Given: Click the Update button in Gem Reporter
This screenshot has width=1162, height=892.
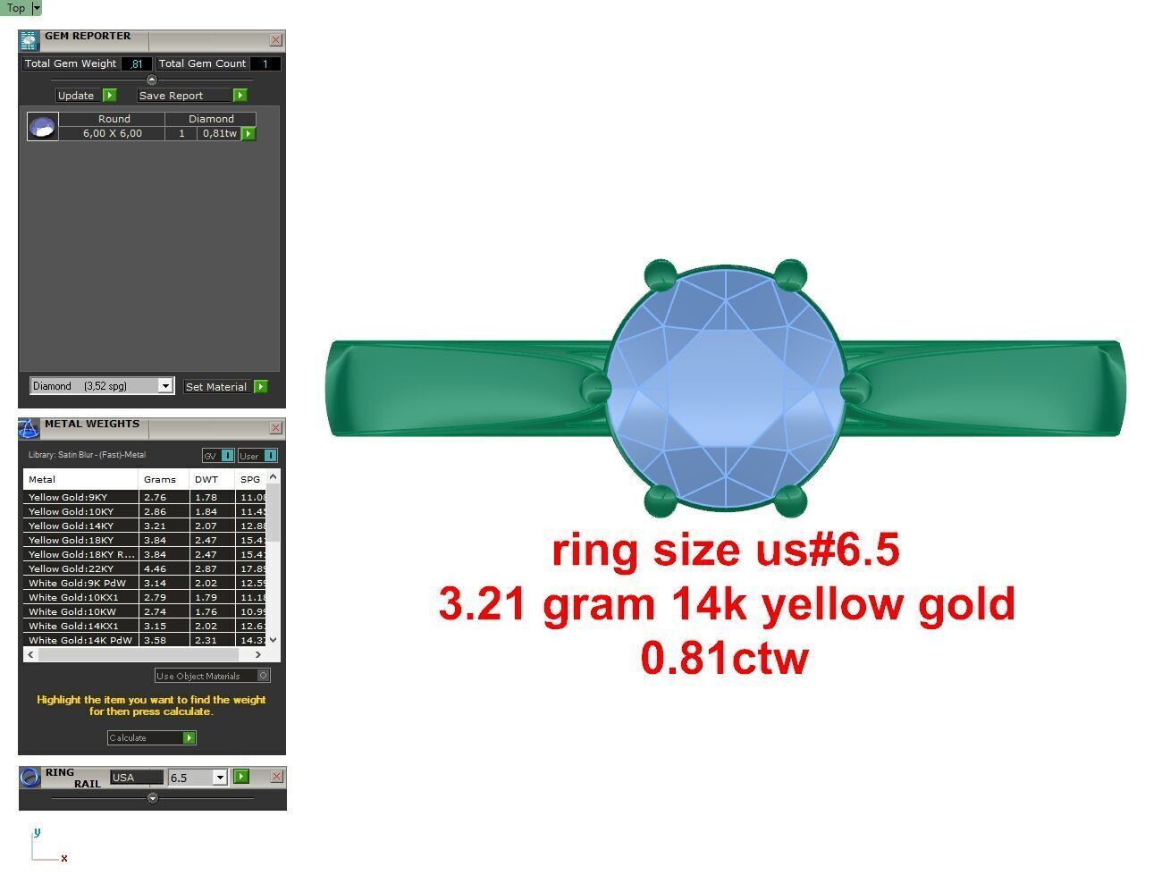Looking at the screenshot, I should (x=86, y=96).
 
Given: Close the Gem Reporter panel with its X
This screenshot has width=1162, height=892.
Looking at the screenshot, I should (x=275, y=40).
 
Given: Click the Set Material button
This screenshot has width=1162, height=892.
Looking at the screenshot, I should (x=225, y=387).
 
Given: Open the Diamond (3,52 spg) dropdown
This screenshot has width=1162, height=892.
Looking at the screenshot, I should (x=165, y=386).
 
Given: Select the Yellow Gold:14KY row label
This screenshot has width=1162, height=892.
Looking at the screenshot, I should (x=72, y=526).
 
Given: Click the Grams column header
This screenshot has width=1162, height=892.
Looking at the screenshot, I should (x=160, y=480).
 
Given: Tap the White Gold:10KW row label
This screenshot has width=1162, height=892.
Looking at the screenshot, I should (x=72, y=612).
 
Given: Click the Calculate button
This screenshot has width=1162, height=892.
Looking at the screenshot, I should (x=151, y=738).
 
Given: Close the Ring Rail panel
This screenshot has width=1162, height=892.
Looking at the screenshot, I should (x=276, y=777).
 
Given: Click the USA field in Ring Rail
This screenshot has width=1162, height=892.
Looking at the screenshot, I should (x=136, y=778).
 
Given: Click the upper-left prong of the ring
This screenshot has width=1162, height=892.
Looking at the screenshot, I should (x=660, y=274).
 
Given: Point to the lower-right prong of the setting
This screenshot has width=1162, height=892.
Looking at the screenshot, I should (x=789, y=501).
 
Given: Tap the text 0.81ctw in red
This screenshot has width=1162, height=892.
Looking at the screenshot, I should (x=725, y=658).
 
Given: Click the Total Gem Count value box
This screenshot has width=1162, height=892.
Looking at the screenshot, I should (x=265, y=64).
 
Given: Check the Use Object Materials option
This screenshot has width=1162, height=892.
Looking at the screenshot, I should (x=263, y=676).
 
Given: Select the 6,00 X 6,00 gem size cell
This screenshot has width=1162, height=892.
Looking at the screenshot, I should (x=113, y=134).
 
